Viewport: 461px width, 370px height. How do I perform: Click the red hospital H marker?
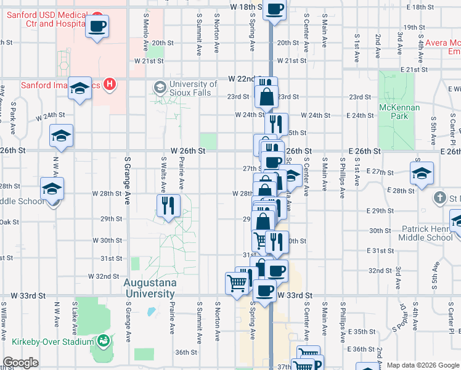110,84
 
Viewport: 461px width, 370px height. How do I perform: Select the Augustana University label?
150,288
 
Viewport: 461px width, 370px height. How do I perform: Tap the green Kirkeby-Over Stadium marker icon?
103,340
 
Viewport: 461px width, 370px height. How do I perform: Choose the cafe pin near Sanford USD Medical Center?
97,27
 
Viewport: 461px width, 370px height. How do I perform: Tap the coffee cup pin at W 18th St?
275,10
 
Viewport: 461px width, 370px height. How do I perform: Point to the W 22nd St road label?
242,79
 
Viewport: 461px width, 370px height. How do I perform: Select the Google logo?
21,363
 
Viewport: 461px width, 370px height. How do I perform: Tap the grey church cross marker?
439,198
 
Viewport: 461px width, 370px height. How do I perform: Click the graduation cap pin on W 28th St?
52,189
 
